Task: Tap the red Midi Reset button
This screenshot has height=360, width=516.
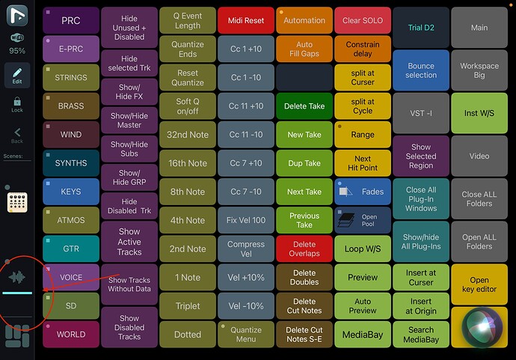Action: [x=246, y=21]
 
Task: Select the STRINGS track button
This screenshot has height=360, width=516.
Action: [x=71, y=78]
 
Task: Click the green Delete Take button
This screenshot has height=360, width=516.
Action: [x=304, y=106]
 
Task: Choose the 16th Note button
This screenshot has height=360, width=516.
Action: [x=188, y=163]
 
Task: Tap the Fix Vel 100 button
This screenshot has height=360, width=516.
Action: [x=246, y=220]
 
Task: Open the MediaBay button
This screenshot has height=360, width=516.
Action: [x=363, y=335]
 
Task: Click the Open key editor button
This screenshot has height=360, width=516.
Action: [x=479, y=284]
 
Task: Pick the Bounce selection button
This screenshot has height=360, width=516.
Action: [x=421, y=70]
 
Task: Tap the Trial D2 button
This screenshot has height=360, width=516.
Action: [x=421, y=28]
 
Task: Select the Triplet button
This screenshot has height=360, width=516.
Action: [x=188, y=306]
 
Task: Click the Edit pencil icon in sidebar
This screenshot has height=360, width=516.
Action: [x=17, y=75]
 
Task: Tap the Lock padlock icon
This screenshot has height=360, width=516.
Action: [x=17, y=105]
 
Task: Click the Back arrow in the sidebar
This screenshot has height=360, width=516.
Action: [x=17, y=135]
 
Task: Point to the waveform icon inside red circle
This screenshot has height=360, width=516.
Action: [x=17, y=277]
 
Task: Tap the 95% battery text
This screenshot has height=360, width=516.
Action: [x=17, y=51]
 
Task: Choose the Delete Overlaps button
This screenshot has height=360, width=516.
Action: [x=304, y=249]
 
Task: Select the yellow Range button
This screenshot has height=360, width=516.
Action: [x=363, y=135]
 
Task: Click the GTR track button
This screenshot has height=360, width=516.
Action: [x=71, y=248]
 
